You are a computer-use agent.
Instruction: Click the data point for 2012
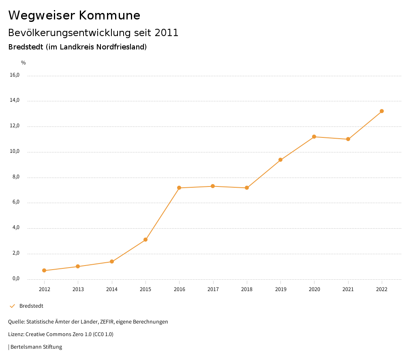[44, 270]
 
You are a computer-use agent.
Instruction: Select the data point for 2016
[179, 188]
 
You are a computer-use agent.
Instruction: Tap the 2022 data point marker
[382, 111]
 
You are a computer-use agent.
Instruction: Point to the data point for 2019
[280, 160]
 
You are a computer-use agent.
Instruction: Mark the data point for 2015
[145, 240]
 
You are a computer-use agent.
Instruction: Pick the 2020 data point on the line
[314, 137]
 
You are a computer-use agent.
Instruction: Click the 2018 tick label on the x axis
[247, 289]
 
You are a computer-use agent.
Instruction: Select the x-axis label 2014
[112, 289]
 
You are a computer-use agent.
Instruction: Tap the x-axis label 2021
[348, 289]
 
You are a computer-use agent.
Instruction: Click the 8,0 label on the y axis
[15, 177]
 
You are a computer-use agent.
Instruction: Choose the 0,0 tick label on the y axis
[15, 279]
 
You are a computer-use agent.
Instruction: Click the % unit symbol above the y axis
[24, 63]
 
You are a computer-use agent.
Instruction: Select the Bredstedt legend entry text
[31, 306]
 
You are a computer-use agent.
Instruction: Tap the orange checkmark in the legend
[12, 306]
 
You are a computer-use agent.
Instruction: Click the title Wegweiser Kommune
[74, 15]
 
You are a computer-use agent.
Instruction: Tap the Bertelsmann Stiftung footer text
[36, 347]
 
